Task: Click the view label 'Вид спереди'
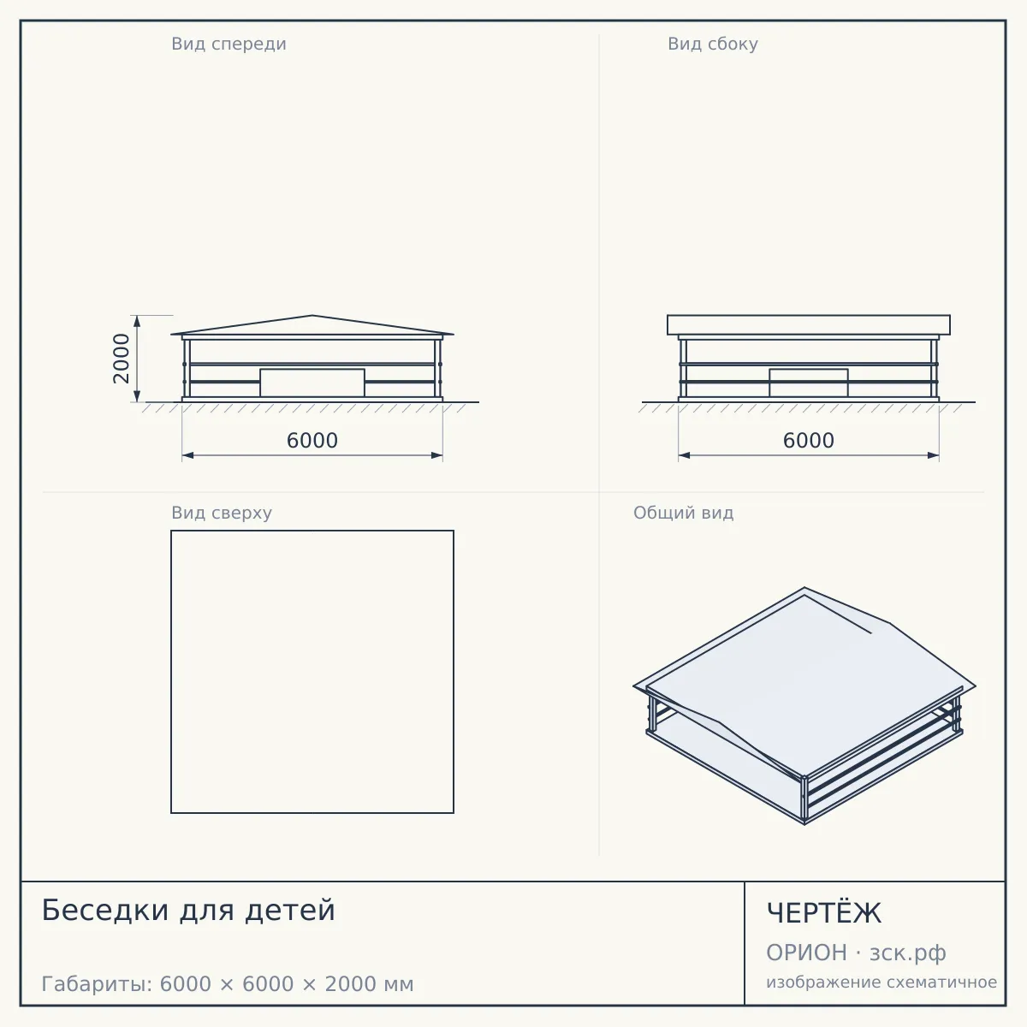tap(229, 44)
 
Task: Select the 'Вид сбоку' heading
tap(713, 44)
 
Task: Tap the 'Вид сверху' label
tap(221, 513)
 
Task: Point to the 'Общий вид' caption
tap(683, 513)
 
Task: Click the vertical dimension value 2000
tap(122, 359)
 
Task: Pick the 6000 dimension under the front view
tap(312, 441)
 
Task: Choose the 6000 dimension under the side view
tap(809, 441)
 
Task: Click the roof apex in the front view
tap(312, 316)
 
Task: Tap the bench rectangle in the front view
tap(312, 383)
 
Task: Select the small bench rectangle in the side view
tap(809, 383)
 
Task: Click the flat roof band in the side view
tap(809, 324)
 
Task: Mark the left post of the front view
tap(187, 368)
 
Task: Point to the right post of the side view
tap(934, 368)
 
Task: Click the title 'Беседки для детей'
tap(188, 910)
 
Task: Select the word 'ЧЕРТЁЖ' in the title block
tap(824, 912)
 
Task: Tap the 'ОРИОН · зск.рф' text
tap(856, 953)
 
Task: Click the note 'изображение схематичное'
tap(882, 982)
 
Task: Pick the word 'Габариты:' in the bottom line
tap(98, 984)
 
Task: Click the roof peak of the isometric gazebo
tap(804, 588)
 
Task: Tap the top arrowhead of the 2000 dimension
tap(137, 321)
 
